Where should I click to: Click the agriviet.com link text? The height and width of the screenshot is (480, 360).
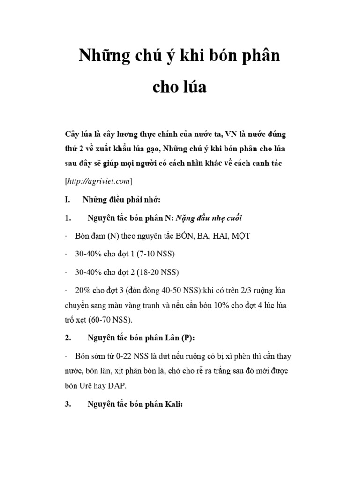click(x=101, y=180)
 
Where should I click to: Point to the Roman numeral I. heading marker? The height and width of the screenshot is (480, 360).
click(x=67, y=200)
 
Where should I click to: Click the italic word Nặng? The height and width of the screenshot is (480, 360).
click(x=187, y=218)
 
